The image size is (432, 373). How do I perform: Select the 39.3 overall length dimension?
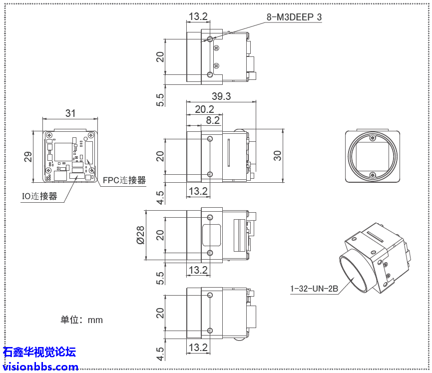[221, 96]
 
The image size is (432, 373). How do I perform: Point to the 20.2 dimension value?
[204, 109]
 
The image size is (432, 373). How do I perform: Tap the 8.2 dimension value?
[213, 120]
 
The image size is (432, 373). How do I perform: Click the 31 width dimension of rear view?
[70, 113]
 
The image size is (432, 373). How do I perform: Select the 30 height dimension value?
[278, 156]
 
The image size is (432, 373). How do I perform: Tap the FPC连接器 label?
[124, 180]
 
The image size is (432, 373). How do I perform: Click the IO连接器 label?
[39, 196]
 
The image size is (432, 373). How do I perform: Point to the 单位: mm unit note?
[81, 320]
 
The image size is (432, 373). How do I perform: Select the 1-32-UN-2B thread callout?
[314, 289]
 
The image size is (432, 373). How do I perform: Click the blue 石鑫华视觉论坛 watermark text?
[39, 352]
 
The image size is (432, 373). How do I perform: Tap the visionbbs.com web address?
[40, 367]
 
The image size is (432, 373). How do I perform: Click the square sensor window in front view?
[372, 156]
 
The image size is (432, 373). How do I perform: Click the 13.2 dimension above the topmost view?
[198, 16]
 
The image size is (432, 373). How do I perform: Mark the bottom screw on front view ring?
[373, 174]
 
